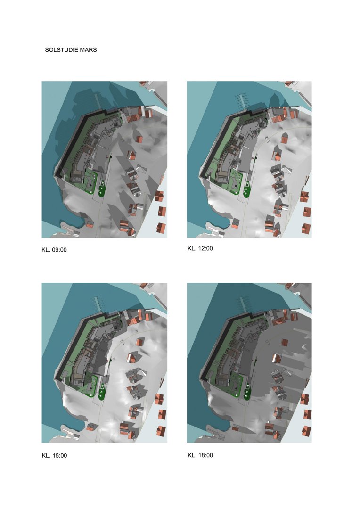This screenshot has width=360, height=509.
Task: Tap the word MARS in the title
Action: (89, 50)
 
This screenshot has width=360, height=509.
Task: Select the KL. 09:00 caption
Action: (54, 250)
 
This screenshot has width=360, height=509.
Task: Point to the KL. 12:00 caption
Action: (200, 248)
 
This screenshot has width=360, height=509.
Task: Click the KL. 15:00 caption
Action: (54, 455)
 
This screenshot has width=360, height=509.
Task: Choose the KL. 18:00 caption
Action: (200, 455)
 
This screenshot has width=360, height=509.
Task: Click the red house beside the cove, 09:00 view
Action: (90, 224)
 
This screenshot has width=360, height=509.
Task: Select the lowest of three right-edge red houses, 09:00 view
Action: (161, 228)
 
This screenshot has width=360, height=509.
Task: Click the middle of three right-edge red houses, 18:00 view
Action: (307, 414)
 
